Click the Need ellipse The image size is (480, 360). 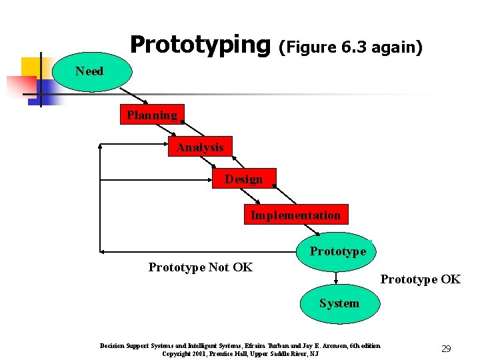[89, 71]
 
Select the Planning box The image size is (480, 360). [152, 115]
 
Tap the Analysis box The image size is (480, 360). [200, 147]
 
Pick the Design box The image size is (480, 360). [243, 179]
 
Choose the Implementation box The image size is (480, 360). [295, 215]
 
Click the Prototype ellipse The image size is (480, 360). [337, 251]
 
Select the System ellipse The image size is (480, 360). [339, 303]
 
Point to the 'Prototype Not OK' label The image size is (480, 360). [200, 267]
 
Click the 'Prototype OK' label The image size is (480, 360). [420, 279]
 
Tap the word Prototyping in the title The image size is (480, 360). [197, 45]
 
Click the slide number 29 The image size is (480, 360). [446, 349]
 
